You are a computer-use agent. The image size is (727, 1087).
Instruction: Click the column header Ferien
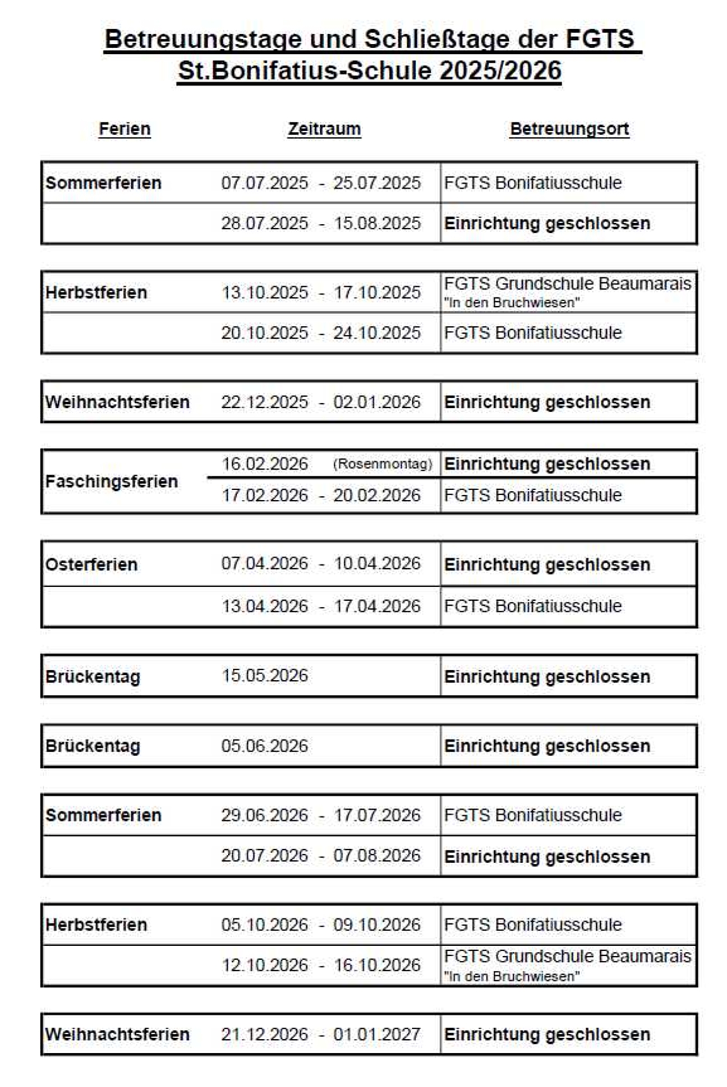(x=125, y=129)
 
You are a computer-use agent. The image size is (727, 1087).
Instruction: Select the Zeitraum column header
(x=324, y=129)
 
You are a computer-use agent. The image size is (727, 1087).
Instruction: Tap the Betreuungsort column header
(x=569, y=129)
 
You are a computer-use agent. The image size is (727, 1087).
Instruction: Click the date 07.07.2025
(x=264, y=183)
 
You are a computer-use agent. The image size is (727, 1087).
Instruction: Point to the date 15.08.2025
(x=377, y=223)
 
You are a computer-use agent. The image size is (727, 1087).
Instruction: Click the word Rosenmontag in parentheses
(x=383, y=464)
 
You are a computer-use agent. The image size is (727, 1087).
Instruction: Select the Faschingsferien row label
(x=111, y=481)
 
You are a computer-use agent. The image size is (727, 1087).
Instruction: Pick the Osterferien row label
(x=91, y=564)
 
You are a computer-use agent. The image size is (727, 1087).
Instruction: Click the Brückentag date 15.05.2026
(x=264, y=676)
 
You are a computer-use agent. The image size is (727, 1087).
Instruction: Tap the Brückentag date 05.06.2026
(x=264, y=746)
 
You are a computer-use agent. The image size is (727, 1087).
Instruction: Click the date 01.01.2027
(x=377, y=1034)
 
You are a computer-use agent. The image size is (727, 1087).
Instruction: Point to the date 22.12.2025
(x=264, y=402)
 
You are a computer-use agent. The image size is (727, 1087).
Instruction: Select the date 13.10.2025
(x=264, y=293)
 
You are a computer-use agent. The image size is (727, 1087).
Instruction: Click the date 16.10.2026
(x=377, y=965)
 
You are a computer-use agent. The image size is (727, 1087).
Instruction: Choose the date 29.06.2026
(x=264, y=815)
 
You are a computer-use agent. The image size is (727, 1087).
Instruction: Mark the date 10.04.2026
(x=377, y=564)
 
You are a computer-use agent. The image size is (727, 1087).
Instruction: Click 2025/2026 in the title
(x=500, y=71)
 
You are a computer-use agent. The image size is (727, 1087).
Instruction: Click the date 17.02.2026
(x=264, y=495)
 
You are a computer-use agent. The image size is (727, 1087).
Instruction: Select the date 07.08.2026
(x=377, y=856)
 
